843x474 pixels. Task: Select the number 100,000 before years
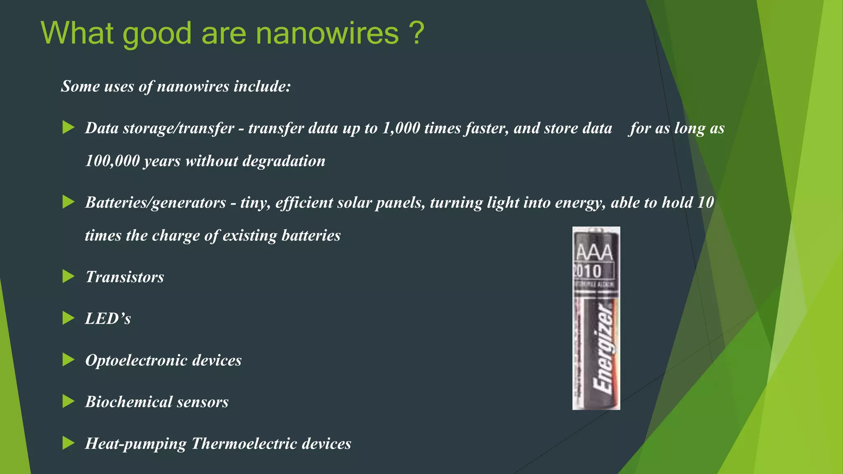[112, 161]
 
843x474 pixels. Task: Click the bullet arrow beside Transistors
[68, 276]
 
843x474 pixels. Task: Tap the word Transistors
[124, 277]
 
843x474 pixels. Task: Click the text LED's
[108, 318]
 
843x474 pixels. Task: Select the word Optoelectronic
[136, 360]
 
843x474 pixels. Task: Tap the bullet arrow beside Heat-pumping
[68, 443]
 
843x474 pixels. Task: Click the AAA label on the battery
[594, 252]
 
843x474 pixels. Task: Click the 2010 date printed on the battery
[588, 271]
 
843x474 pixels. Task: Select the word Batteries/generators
[156, 202]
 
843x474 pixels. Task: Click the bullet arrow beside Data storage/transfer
[68, 128]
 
